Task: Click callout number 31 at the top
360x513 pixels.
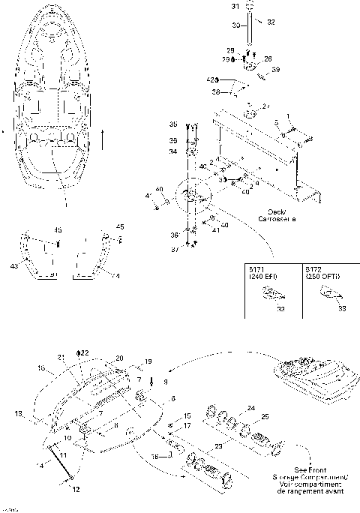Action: coord(232,6)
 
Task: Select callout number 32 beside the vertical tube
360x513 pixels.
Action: coord(271,22)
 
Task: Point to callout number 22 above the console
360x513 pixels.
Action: coord(85,352)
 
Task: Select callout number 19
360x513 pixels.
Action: coord(147,361)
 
